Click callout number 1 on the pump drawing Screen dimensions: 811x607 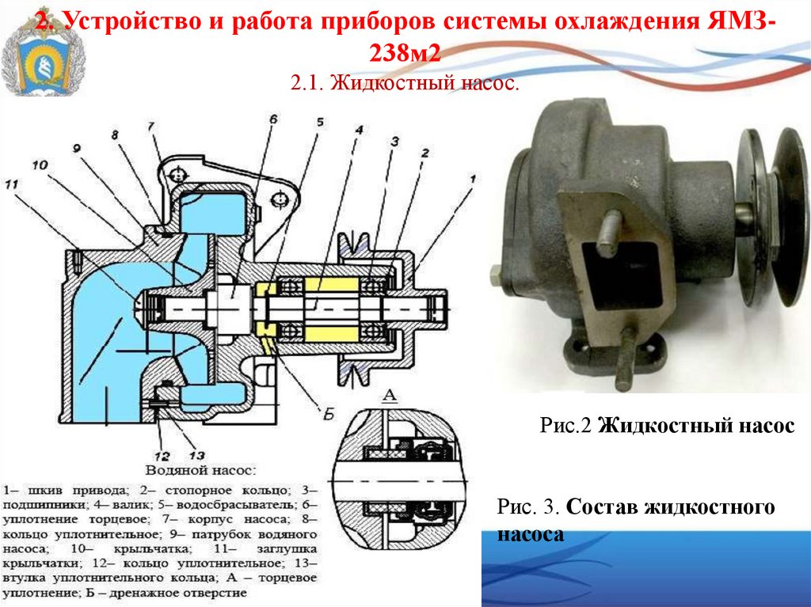[x=472, y=179]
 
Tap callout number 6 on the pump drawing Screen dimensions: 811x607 [x=273, y=120]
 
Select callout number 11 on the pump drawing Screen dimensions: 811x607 [x=11, y=184]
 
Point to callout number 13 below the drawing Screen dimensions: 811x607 [x=197, y=456]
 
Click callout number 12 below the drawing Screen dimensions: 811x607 [x=162, y=456]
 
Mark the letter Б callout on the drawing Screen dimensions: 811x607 [x=329, y=414]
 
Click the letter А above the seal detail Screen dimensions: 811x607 [x=390, y=396]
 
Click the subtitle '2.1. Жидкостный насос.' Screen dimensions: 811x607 [x=405, y=83]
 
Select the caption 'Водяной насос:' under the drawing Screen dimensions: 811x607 [x=201, y=471]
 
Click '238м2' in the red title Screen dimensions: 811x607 [x=405, y=53]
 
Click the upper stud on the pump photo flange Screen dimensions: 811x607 [x=609, y=233]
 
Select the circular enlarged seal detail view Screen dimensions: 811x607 [x=400, y=480]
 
